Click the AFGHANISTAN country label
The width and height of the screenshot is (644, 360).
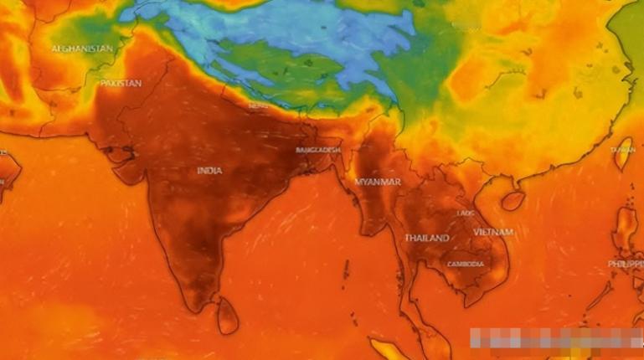coord(82,49)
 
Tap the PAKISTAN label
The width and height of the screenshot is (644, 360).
coord(121,84)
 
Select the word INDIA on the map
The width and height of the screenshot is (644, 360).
coord(209,171)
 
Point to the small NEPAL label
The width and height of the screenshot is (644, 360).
coord(257,106)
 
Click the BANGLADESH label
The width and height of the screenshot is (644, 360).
coord(318,150)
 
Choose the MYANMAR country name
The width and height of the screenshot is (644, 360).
coord(378,182)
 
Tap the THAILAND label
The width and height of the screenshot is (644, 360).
coord(427,239)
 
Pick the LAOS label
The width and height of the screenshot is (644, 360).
coord(466,213)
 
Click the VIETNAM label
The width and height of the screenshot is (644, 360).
coord(493,231)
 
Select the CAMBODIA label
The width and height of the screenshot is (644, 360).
coord(465,265)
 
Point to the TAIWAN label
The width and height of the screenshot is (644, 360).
coord(622,150)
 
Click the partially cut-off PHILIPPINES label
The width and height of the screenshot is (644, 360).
coord(626,264)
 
